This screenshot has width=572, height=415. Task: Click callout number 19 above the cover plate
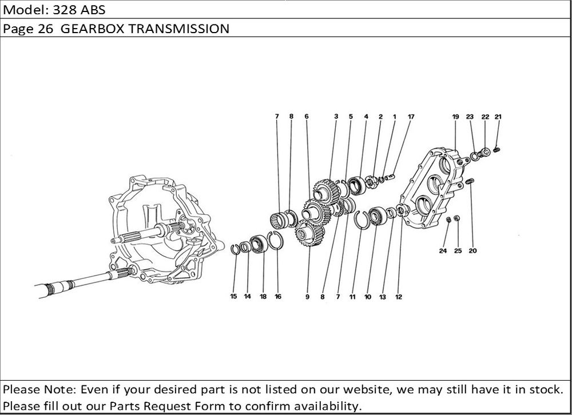(455, 117)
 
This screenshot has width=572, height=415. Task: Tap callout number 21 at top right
(498, 117)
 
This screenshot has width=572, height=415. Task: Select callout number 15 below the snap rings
(233, 296)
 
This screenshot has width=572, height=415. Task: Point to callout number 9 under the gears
(307, 297)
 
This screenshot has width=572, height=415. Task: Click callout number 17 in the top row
(411, 117)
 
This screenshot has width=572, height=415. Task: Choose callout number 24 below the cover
(443, 250)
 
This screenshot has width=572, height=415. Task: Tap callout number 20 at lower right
(473, 250)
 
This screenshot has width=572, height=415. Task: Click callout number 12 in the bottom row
(398, 297)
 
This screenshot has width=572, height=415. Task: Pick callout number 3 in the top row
(336, 117)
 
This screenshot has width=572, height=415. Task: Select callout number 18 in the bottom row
(263, 297)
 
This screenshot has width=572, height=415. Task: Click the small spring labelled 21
(496, 150)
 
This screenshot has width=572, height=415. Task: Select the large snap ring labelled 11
(362, 220)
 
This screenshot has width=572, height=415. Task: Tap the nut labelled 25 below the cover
(456, 218)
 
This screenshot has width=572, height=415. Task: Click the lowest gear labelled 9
(309, 233)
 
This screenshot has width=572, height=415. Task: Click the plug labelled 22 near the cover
(484, 152)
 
